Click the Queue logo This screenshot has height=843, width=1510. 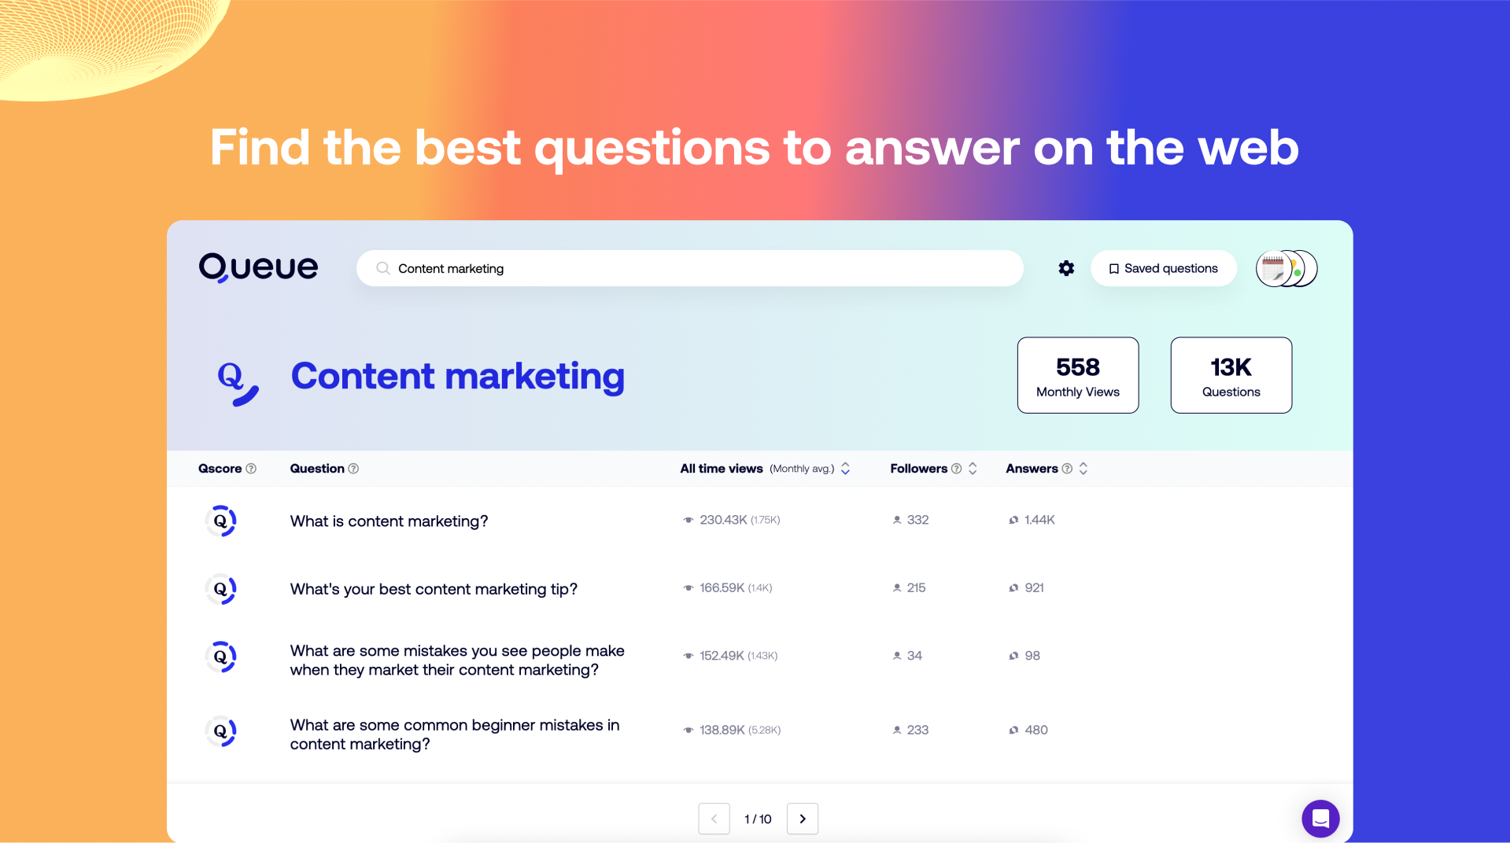tap(258, 267)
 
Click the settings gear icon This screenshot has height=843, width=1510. tap(1066, 268)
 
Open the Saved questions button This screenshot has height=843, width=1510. tap(1163, 268)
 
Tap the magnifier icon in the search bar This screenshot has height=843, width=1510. tap(383, 268)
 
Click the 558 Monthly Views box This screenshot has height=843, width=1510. tap(1078, 375)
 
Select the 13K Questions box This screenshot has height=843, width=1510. tap(1231, 375)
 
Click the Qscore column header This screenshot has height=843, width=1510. tap(220, 469)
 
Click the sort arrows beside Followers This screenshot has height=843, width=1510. tap(973, 469)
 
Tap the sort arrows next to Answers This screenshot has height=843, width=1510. tap(1084, 469)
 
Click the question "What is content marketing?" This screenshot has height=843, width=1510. tap(389, 521)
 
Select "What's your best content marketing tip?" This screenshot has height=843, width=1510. tap(434, 589)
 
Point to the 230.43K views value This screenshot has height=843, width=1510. tap(723, 520)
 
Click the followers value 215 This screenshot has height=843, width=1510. tap(916, 587)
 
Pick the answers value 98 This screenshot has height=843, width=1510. tap(1032, 656)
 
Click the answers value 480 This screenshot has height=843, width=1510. tap(1036, 730)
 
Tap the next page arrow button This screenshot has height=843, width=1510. tap(803, 819)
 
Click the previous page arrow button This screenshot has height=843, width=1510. tap(714, 819)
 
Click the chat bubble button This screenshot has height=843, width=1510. tap(1320, 819)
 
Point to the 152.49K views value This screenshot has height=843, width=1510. tap(722, 656)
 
